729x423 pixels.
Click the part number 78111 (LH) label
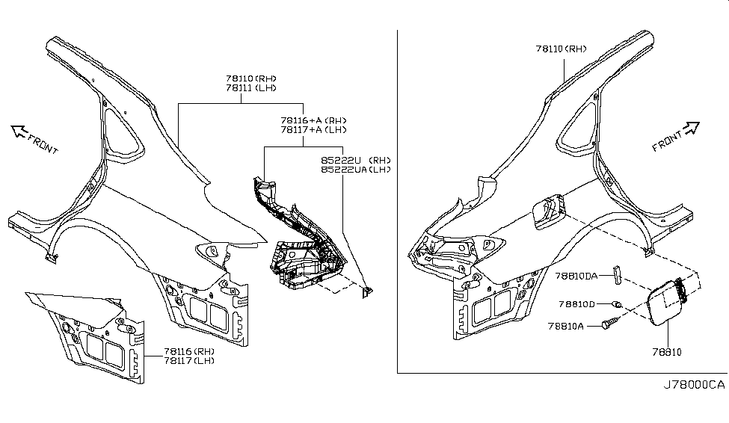tap(251, 88)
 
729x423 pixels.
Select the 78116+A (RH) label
tap(313, 120)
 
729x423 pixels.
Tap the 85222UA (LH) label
tap(356, 170)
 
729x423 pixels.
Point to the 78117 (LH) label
tap(188, 361)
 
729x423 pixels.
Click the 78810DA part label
tap(576, 276)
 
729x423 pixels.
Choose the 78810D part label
tap(576, 304)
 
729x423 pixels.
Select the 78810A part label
tap(565, 327)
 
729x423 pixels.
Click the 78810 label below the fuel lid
tap(667, 352)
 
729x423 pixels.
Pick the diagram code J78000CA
tap(694, 385)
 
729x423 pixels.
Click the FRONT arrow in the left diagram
tap(19, 132)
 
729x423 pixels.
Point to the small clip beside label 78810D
tap(617, 305)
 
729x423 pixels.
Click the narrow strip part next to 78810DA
tap(617, 275)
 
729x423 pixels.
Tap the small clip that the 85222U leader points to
tap(367, 292)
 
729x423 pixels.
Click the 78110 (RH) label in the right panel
tap(562, 49)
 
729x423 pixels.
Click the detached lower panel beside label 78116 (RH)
tap(88, 335)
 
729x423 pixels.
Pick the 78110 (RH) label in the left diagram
tap(251, 78)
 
